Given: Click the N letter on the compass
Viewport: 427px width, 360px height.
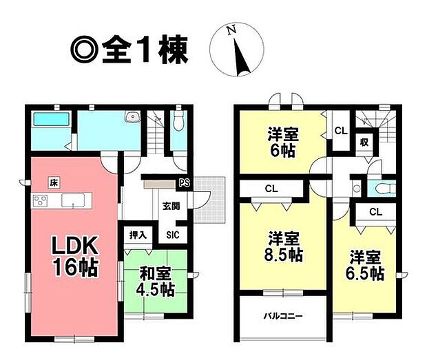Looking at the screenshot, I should [x=233, y=30].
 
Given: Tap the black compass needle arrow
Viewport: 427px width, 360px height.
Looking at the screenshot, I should [x=240, y=57].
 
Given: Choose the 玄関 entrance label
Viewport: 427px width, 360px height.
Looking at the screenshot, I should [x=170, y=205].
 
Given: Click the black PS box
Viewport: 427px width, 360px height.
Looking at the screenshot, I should [x=184, y=182].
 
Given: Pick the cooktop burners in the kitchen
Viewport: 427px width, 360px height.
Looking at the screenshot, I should [x=40, y=201].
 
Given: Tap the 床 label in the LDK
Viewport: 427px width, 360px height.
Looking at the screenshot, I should [x=52, y=182].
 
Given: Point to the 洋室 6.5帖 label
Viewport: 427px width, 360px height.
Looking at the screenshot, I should [x=365, y=266].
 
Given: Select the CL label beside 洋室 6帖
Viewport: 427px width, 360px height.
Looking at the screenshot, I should [x=340, y=129].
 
